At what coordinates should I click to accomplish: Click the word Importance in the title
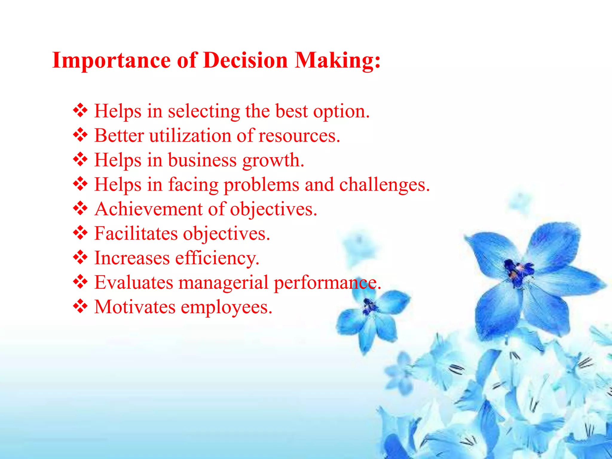pyautogui.click(x=111, y=61)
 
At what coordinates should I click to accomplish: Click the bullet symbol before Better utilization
pyautogui.click(x=80, y=135)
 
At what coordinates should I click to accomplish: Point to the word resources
pyautogui.click(x=299, y=136)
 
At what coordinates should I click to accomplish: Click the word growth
pyautogui.click(x=273, y=161)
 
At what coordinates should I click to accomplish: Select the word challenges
pyautogui.click(x=384, y=185)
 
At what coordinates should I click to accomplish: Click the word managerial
pyautogui.click(x=223, y=283)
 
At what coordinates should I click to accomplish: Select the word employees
pyautogui.click(x=226, y=307)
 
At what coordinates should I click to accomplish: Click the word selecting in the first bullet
pyautogui.click(x=204, y=111)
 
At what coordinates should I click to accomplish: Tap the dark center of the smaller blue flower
pyautogui.click(x=369, y=307)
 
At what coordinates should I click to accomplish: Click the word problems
pyautogui.click(x=261, y=185)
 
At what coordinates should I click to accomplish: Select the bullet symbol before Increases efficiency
pyautogui.click(x=80, y=257)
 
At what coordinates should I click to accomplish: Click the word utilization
pyautogui.click(x=190, y=136)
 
